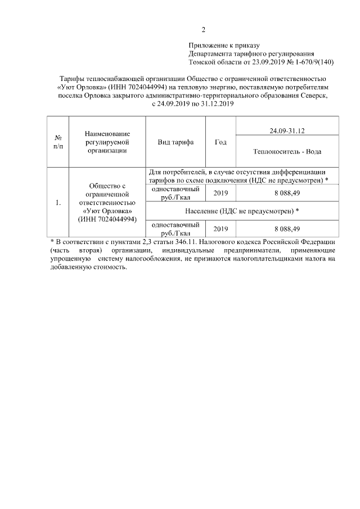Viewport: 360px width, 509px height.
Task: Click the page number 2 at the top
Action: pyautogui.click(x=204, y=30)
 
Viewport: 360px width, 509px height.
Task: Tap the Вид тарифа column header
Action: pyautogui.click(x=175, y=142)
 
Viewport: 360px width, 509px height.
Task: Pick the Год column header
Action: pyautogui.click(x=221, y=142)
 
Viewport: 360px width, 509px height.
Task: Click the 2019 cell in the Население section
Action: pyautogui.click(x=221, y=228)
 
